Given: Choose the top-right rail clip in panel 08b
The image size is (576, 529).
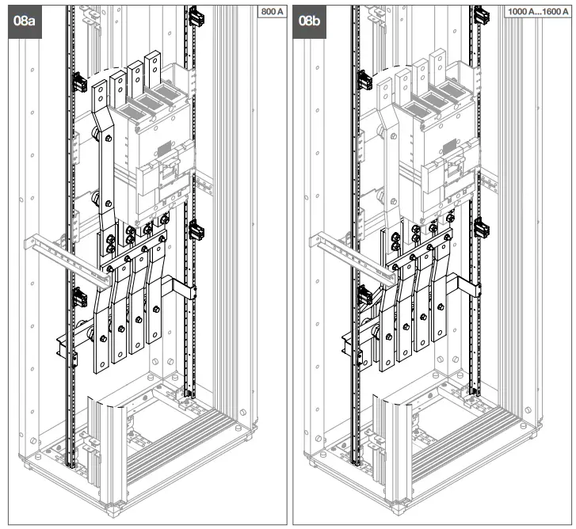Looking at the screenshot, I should pyautogui.click(x=481, y=14).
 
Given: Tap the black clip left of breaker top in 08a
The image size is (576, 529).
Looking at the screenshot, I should pyautogui.click(x=79, y=81).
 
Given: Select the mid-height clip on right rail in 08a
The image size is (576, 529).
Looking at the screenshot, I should pyautogui.click(x=196, y=230).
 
